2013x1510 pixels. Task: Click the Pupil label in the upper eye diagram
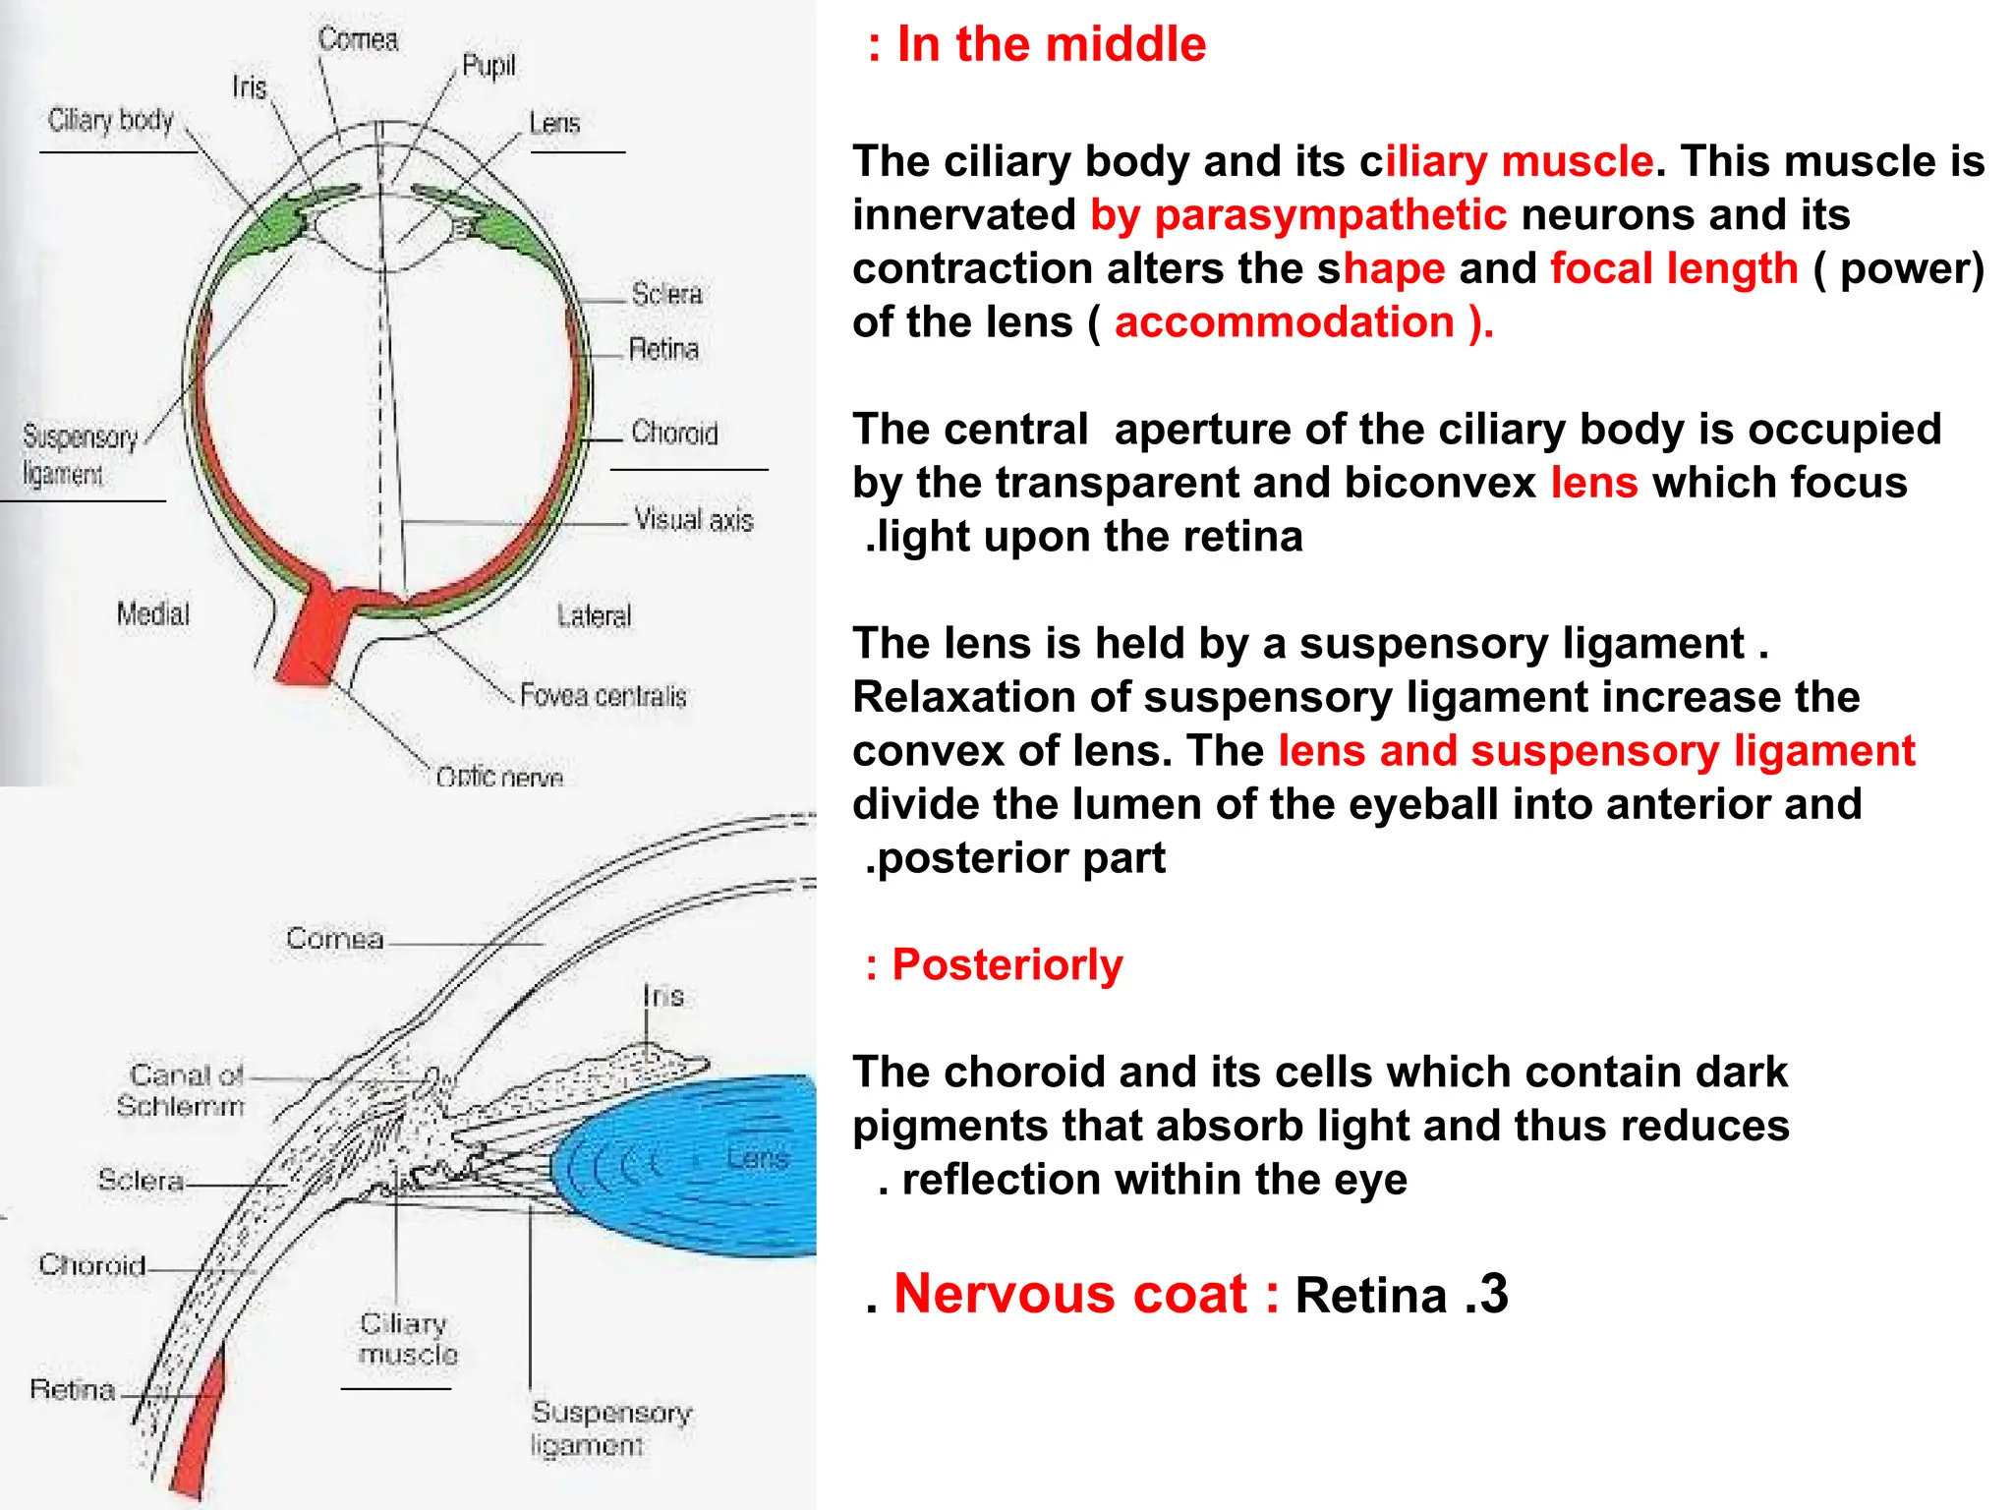point(489,67)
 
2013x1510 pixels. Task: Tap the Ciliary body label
point(110,121)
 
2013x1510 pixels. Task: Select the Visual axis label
point(693,519)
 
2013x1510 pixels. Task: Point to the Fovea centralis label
point(603,696)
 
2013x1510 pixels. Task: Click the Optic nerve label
point(499,777)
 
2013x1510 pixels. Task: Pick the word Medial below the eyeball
point(152,614)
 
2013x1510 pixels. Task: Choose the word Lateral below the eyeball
point(594,616)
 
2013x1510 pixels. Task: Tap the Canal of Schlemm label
point(182,1090)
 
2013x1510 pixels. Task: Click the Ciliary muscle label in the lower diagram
point(408,1339)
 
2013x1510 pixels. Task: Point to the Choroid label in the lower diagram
point(92,1265)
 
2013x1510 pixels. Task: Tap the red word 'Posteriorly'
point(1006,965)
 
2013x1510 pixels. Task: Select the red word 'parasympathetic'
point(1330,215)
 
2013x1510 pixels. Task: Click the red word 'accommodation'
point(1284,322)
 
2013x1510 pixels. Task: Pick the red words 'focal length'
point(1674,268)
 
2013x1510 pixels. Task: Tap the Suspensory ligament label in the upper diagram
point(79,454)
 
